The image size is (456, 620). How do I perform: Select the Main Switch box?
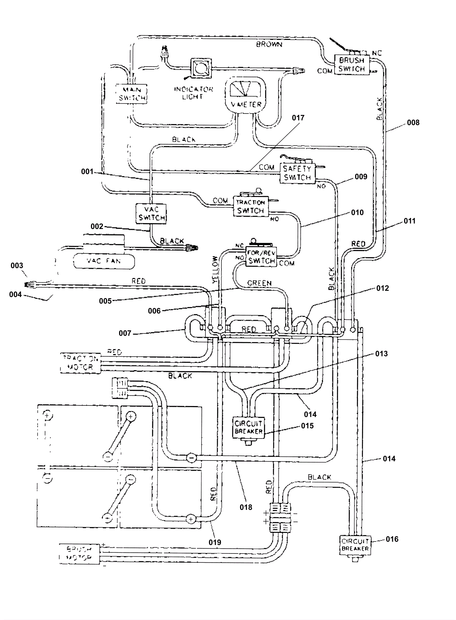(x=132, y=94)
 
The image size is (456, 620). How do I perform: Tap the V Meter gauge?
(x=245, y=94)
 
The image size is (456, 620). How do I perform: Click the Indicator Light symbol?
(x=201, y=68)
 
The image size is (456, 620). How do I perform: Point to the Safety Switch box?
(x=297, y=173)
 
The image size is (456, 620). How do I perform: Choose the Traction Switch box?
(x=251, y=207)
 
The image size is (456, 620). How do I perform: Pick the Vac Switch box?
(x=151, y=214)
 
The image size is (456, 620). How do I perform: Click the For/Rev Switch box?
(x=261, y=257)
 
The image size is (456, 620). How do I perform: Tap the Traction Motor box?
(x=81, y=363)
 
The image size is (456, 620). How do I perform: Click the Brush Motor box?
(x=80, y=554)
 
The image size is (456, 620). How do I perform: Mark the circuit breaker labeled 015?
(x=249, y=427)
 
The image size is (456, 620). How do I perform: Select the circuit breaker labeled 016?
(x=355, y=545)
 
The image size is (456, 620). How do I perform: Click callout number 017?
(x=298, y=118)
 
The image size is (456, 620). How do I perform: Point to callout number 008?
(x=413, y=123)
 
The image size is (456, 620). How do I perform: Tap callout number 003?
(x=17, y=266)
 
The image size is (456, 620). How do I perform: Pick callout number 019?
(x=215, y=542)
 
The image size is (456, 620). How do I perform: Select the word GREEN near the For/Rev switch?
(x=259, y=283)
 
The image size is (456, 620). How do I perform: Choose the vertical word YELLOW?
(x=216, y=270)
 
